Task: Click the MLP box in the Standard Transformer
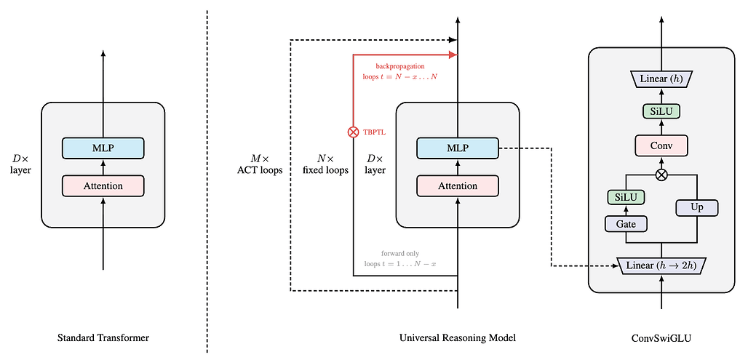(103, 148)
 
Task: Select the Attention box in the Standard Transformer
(103, 185)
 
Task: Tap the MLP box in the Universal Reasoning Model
(457, 148)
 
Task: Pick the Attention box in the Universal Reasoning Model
(457, 185)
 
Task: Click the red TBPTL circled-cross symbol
(354, 132)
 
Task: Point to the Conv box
(661, 145)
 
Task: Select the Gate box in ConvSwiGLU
(626, 224)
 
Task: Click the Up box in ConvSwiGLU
(696, 207)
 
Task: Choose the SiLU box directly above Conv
(661, 111)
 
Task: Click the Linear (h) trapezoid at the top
(661, 78)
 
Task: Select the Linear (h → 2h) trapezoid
(661, 265)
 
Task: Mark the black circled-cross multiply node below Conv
(661, 175)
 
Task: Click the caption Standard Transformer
(103, 338)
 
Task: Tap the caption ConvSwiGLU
(661, 338)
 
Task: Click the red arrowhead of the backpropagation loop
(453, 55)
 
